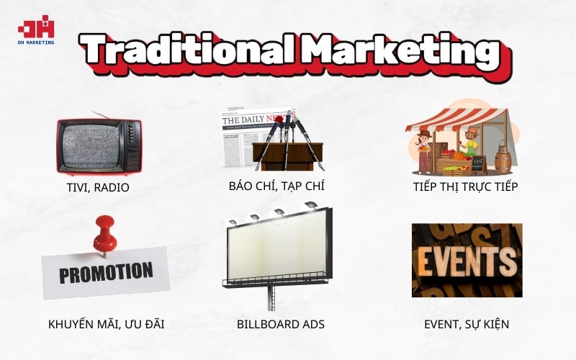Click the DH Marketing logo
click(36, 31)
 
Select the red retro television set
click(99, 147)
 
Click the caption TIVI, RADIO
click(97, 188)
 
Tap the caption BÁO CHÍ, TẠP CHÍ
click(276, 186)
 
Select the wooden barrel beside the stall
click(502, 156)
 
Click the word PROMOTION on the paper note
click(106, 272)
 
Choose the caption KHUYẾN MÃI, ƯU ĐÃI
click(107, 324)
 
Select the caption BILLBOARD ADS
click(276, 324)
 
